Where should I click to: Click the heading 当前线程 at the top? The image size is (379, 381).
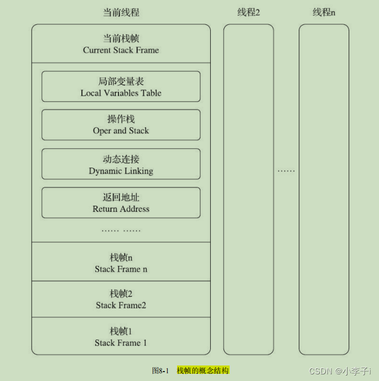click(121, 12)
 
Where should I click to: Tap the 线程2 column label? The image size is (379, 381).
click(248, 12)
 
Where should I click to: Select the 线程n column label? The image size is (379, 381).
click(324, 12)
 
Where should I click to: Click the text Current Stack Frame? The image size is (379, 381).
click(121, 50)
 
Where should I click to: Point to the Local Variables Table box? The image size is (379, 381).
click(121, 86)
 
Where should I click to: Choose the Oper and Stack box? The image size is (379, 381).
click(121, 125)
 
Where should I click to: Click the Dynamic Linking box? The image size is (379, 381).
click(121, 164)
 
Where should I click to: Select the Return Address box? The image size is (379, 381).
click(121, 203)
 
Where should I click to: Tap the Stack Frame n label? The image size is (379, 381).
click(121, 269)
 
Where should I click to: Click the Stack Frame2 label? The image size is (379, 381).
click(121, 305)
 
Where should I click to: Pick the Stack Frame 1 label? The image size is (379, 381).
click(121, 343)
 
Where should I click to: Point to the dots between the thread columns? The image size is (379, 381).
click(286, 171)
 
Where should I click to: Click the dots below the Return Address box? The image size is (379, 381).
click(121, 229)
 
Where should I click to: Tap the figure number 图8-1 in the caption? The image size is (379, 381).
click(160, 370)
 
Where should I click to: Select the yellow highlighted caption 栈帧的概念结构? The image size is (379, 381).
click(203, 370)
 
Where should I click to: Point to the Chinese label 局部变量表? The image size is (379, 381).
click(121, 82)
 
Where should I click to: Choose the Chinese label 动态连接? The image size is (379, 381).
click(121, 160)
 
